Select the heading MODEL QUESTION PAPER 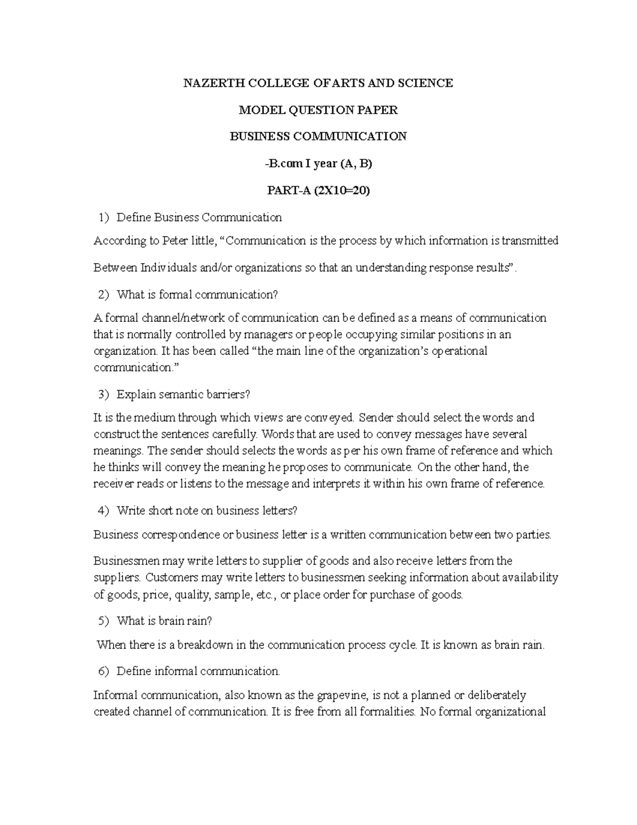pos(318,110)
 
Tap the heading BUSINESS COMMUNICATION pos(318,137)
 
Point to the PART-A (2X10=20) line pos(318,190)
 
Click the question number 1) pos(103,217)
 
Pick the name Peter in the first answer pos(175,241)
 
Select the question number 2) pos(103,294)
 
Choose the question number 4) pos(103,511)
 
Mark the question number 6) pos(103,671)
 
